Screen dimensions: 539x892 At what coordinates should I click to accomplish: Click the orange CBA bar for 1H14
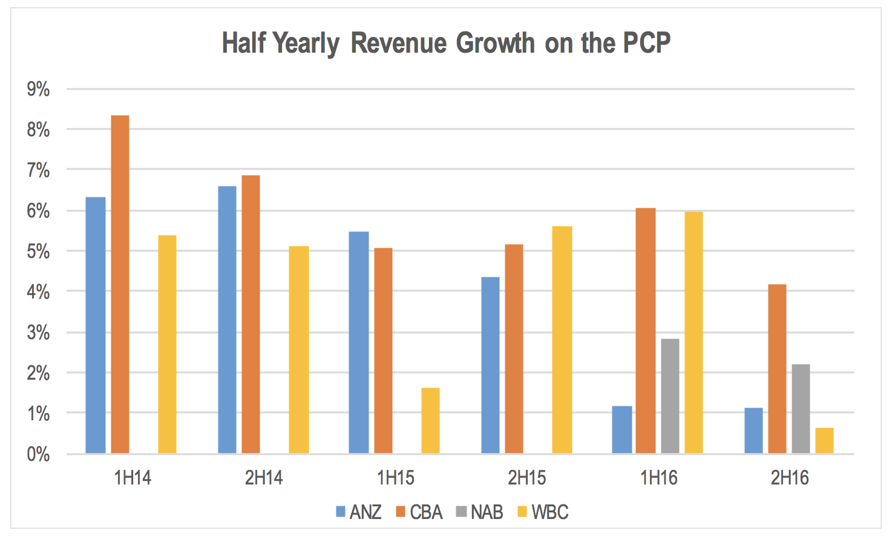[120, 285]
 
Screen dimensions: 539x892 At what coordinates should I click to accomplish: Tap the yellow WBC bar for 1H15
[430, 420]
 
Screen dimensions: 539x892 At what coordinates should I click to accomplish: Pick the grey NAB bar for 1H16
[670, 396]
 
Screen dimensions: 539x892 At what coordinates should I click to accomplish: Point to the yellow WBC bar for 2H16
[824, 441]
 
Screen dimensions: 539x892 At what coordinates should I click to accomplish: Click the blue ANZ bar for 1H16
[622, 429]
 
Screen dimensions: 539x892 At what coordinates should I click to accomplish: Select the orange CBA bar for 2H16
[777, 369]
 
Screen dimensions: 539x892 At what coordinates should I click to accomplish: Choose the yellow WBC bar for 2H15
[562, 340]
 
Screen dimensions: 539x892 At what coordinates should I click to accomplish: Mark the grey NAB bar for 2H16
[801, 409]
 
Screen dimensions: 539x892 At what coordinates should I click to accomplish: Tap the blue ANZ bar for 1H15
[359, 343]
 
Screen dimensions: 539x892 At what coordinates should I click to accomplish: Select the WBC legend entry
[543, 512]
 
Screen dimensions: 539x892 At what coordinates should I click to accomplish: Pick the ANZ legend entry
[359, 512]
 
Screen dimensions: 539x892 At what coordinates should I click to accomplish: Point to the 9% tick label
[38, 90]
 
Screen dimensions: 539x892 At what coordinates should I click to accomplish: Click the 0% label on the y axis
[38, 454]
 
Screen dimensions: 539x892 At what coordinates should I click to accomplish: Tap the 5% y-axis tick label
[38, 251]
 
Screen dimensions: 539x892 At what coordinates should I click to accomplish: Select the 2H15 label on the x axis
[526, 478]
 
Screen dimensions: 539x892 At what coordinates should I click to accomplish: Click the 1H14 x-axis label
[133, 478]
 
